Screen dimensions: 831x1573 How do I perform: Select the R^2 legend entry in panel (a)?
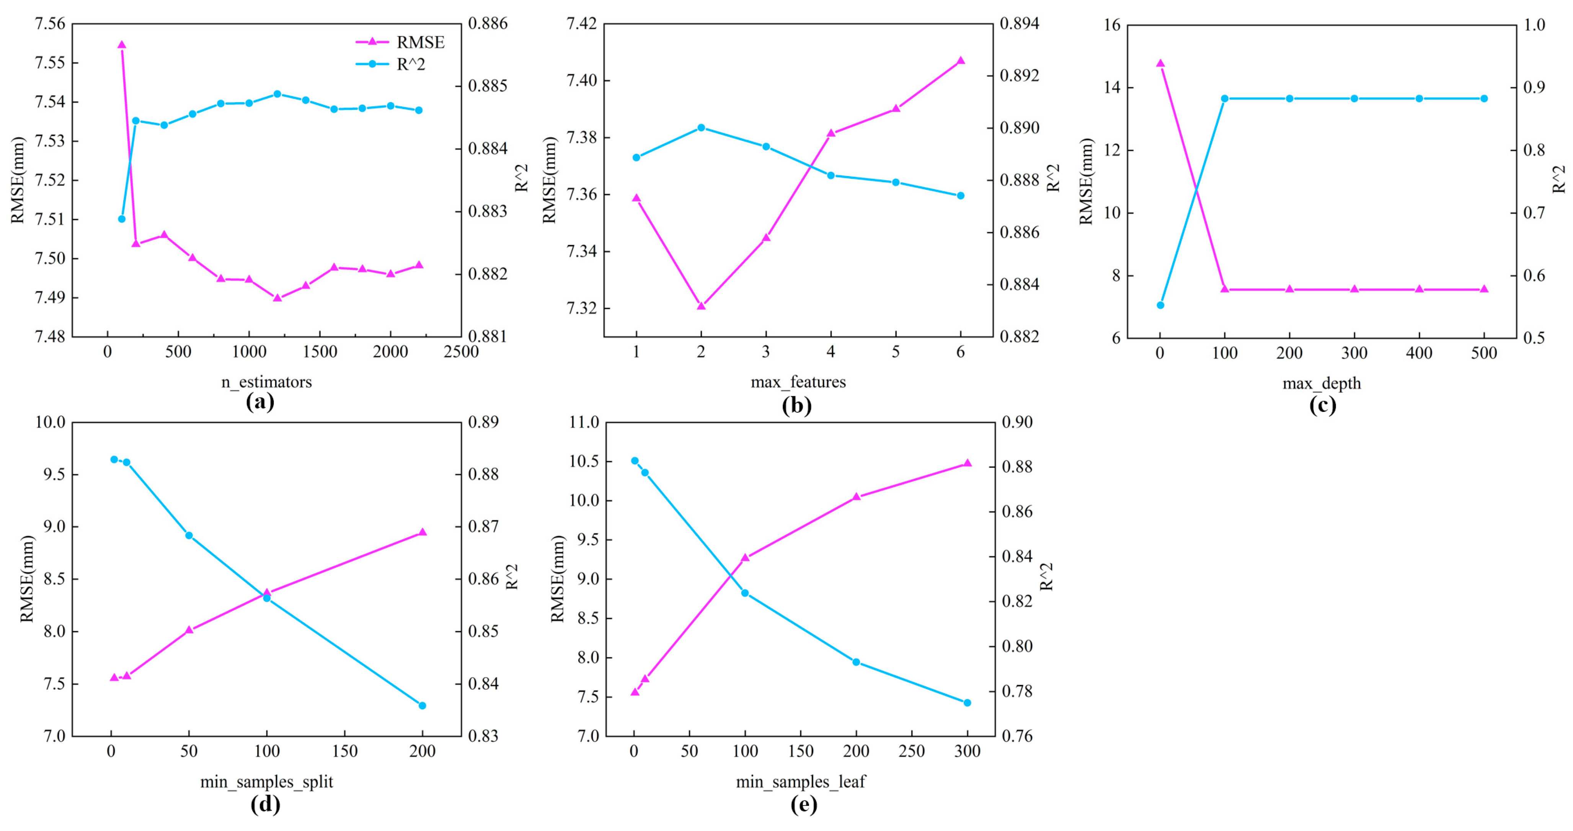click(391, 64)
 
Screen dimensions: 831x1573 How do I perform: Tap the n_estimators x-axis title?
click(266, 382)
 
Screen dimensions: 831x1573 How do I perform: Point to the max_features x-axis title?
click(798, 382)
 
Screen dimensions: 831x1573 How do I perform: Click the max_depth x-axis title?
click(1322, 384)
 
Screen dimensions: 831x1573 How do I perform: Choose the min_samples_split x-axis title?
click(266, 782)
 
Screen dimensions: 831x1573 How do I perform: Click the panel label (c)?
click(1322, 405)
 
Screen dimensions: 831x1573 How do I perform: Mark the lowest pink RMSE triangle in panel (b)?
click(701, 305)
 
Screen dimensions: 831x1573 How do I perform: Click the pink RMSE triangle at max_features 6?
click(961, 60)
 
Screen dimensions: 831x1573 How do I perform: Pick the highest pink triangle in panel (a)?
click(122, 44)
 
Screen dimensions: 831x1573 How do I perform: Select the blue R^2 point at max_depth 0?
click(1160, 305)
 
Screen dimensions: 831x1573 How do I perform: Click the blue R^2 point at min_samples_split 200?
click(422, 705)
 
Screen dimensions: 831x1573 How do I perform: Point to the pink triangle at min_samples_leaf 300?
click(967, 463)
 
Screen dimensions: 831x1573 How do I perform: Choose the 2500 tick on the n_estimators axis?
click(461, 352)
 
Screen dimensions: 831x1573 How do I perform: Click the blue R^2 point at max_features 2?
click(701, 127)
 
